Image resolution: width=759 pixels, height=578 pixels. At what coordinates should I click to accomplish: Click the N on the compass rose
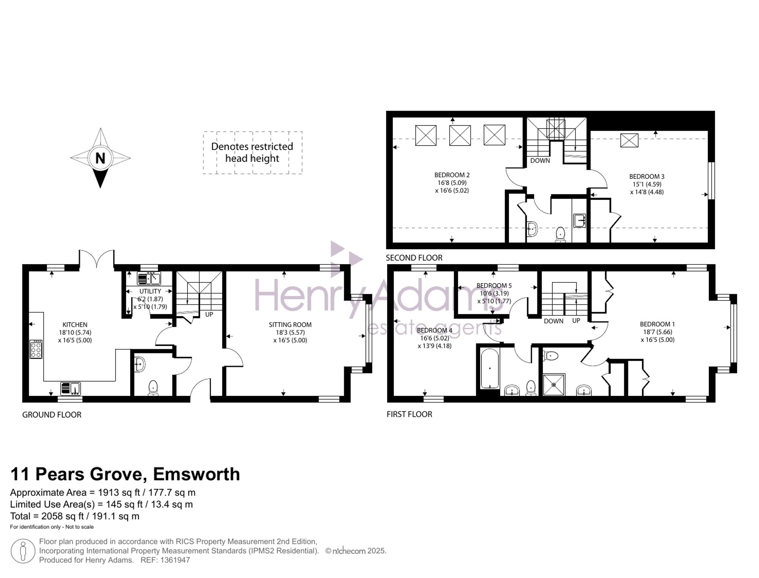100,158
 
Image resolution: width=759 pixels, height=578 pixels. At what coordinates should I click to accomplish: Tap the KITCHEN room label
75,325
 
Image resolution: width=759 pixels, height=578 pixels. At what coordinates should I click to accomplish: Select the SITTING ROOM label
290,325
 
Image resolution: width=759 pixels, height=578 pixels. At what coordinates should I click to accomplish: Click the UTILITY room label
150,291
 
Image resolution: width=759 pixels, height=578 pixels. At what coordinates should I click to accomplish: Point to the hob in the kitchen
36,349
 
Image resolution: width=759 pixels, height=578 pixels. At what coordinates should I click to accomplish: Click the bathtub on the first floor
490,369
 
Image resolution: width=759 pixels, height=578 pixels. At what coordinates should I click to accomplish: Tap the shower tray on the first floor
554,385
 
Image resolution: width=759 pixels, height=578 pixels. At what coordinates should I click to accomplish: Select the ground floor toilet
153,388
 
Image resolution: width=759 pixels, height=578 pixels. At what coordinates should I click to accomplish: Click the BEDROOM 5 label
494,285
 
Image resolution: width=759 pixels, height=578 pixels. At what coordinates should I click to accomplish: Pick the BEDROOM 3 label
647,176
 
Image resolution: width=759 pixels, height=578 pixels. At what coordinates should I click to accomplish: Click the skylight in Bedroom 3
629,140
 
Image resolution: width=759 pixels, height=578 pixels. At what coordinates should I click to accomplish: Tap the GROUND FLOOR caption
52,415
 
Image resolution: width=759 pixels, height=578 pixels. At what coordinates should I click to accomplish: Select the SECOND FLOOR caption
414,258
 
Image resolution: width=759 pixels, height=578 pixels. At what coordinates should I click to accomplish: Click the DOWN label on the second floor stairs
540,160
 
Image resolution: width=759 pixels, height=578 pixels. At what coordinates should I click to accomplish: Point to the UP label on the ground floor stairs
209,314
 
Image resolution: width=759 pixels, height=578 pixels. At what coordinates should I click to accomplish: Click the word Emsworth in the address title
196,474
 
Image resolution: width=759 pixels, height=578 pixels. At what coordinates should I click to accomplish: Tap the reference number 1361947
175,560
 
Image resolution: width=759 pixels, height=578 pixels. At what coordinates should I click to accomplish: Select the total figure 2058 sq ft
57,516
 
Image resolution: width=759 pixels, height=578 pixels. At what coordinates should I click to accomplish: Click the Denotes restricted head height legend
252,152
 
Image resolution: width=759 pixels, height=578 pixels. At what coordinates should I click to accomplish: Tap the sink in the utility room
149,279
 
